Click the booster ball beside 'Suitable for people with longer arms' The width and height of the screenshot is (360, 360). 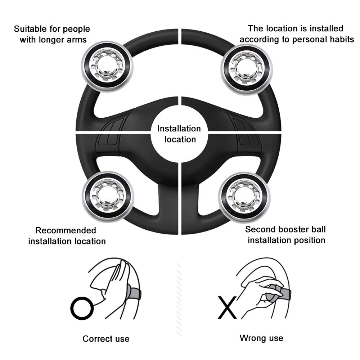click(107, 66)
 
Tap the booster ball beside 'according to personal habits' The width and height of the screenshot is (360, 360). click(247, 69)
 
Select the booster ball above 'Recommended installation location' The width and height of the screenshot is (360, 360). click(108, 197)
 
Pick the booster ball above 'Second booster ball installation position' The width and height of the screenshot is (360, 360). click(244, 197)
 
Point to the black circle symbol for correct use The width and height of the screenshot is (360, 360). click(82, 308)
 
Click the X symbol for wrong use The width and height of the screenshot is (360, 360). click(227, 307)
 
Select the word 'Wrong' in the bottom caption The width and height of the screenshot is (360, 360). click(251, 338)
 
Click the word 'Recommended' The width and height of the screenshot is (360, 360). click(66, 230)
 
